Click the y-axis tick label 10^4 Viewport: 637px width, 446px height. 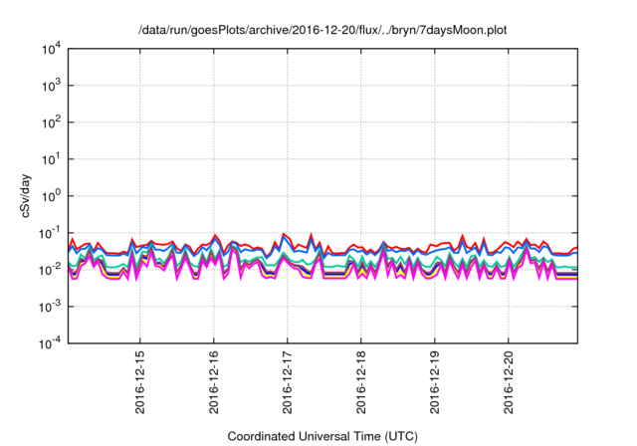(51, 48)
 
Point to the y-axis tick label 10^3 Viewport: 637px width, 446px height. (51, 85)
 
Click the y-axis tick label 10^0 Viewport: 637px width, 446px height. (51, 195)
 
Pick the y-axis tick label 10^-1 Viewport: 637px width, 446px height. (50, 232)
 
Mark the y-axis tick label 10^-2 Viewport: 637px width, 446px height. (50, 269)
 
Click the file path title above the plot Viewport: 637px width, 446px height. (322, 28)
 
